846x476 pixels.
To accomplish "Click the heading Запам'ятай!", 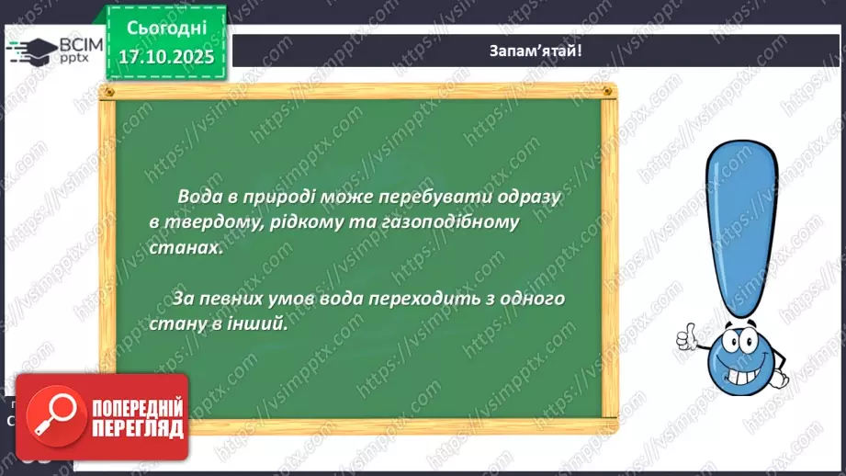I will (x=535, y=51).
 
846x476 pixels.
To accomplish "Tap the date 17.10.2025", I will (x=164, y=57).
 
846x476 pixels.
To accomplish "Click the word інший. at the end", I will (x=259, y=324).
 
